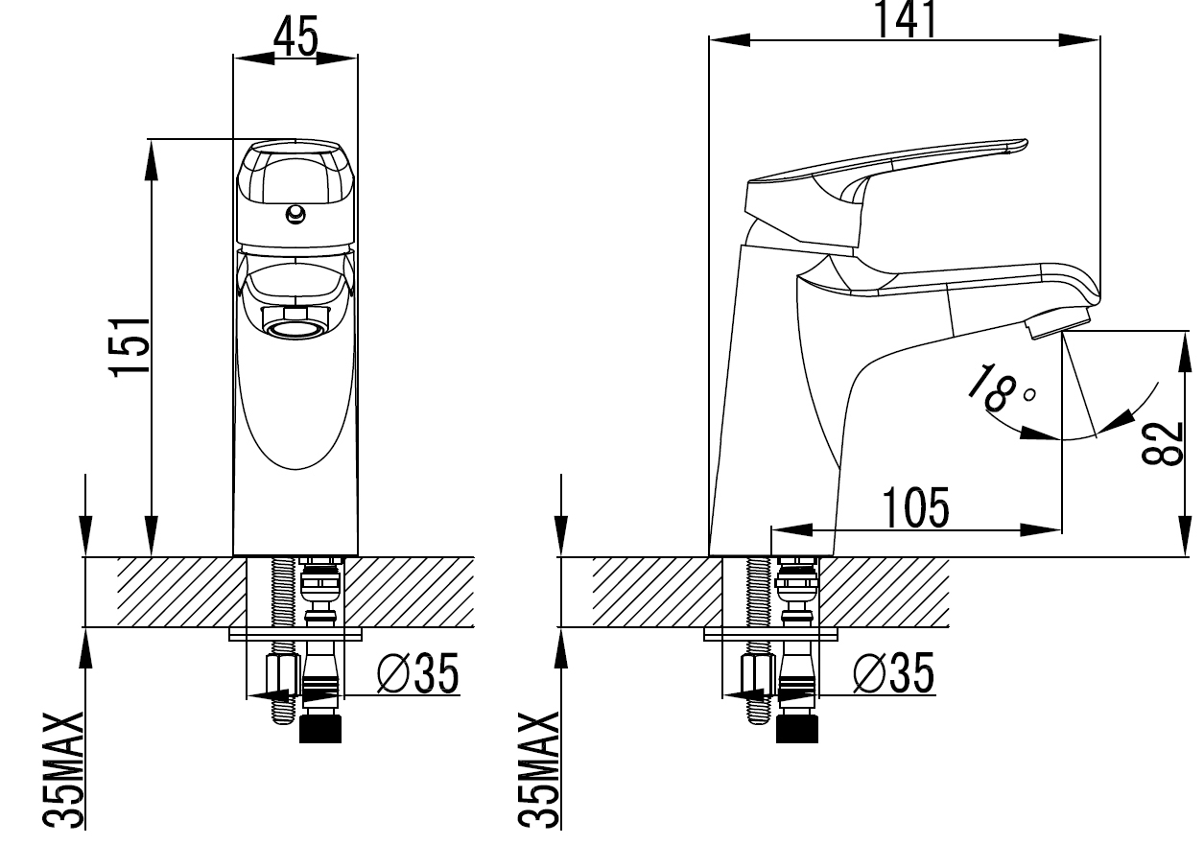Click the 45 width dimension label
click(x=295, y=36)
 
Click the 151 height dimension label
click(x=129, y=347)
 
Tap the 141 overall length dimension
click(x=907, y=19)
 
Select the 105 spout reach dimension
click(x=916, y=507)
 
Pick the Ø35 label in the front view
click(x=417, y=673)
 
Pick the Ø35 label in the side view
click(x=894, y=672)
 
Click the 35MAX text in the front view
click(x=63, y=770)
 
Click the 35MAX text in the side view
click(x=539, y=770)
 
